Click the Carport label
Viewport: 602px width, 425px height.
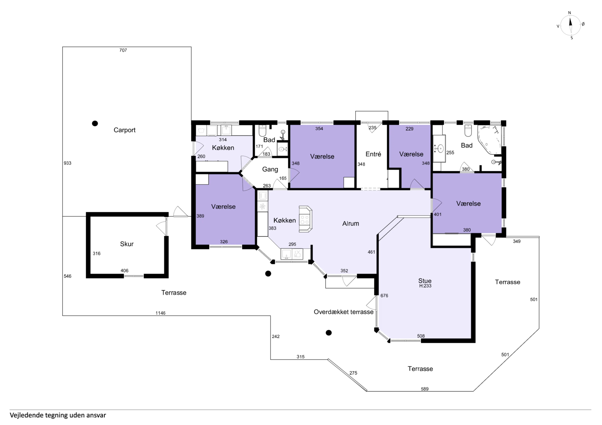tap(124, 130)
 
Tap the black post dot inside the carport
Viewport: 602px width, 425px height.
tap(95, 123)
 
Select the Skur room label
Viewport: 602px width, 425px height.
tap(127, 244)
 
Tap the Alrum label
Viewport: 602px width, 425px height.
tap(351, 224)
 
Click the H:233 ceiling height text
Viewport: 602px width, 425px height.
tap(425, 286)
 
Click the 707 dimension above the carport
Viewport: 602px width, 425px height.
tap(123, 50)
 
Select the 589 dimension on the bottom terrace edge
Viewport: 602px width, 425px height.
tap(425, 389)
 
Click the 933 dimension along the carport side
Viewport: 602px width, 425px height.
tap(67, 163)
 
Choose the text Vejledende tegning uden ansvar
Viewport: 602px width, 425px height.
tap(58, 415)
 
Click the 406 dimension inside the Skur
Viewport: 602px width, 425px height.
tap(124, 271)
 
